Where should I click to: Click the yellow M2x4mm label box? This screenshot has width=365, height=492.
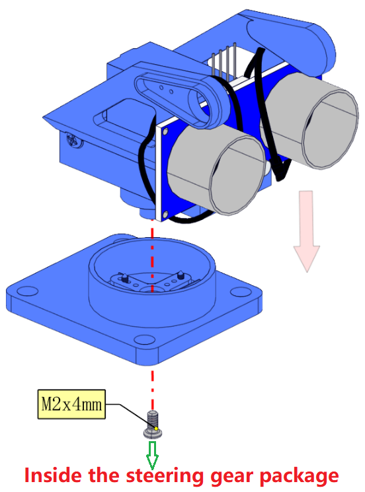point(71,404)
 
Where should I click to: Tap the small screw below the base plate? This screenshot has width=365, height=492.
point(153,424)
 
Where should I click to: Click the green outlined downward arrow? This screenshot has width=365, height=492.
point(152,455)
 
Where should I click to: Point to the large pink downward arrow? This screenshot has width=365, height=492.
point(307,230)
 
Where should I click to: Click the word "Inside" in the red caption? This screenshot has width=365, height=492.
point(53,475)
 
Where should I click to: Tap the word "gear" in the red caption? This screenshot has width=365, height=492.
point(232,477)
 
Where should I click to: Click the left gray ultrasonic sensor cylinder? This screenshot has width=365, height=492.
point(217,170)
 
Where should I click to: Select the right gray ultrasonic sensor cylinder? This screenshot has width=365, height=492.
point(311,121)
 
